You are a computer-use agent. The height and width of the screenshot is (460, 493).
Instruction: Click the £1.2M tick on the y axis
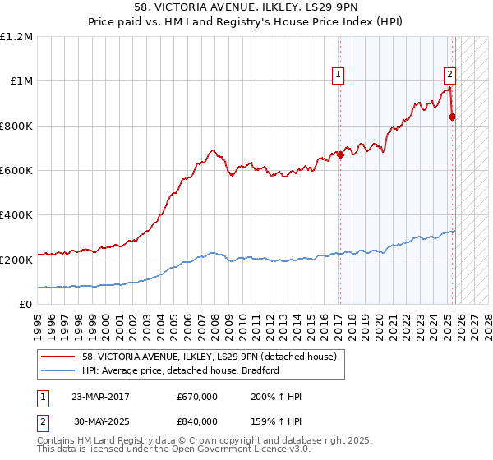pyautogui.click(x=18, y=37)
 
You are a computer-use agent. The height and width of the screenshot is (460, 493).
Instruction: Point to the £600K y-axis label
pyautogui.click(x=17, y=171)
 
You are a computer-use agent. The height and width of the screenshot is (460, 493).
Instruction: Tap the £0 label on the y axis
pyautogui.click(x=25, y=304)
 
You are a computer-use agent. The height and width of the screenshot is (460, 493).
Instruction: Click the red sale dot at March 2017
pyautogui.click(x=340, y=154)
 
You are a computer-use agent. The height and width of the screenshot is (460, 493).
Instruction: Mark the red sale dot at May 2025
pyautogui.click(x=452, y=117)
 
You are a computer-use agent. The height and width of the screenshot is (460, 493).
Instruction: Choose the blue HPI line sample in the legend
pyautogui.click(x=58, y=370)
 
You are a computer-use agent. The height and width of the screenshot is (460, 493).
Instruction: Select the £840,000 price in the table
pyautogui.click(x=197, y=421)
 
